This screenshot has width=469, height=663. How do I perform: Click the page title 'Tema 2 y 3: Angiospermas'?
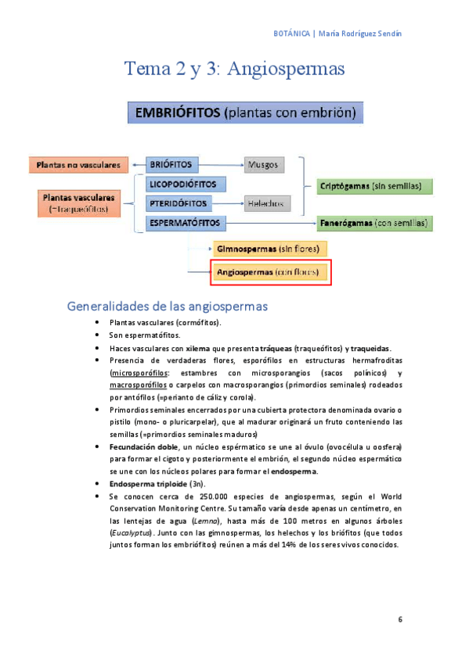(x=235, y=69)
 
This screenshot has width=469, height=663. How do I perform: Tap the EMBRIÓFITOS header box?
(x=245, y=113)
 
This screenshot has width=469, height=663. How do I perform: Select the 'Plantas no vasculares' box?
(x=77, y=165)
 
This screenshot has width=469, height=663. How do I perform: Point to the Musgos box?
(x=264, y=165)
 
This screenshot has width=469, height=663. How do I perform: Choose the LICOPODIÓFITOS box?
(x=186, y=184)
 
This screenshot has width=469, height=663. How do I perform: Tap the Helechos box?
(x=266, y=203)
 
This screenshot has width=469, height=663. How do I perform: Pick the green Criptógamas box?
(x=375, y=186)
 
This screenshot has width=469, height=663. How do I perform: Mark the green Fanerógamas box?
(x=375, y=223)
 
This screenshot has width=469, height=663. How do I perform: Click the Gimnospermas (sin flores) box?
(x=268, y=249)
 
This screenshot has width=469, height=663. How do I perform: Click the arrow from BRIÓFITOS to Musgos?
(x=222, y=165)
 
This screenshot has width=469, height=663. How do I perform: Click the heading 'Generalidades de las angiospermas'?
(x=168, y=305)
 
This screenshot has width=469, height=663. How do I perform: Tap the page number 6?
(x=400, y=620)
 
